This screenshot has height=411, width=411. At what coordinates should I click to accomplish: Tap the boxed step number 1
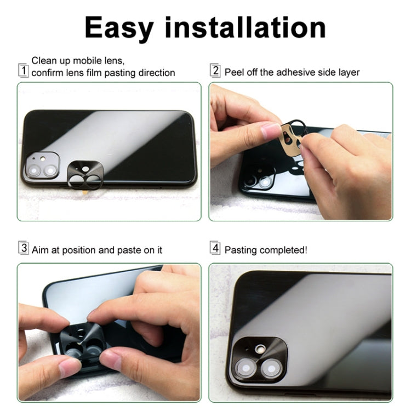23,70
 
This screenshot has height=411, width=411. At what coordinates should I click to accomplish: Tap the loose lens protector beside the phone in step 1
86,175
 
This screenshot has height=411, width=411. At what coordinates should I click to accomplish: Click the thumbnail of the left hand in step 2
271,130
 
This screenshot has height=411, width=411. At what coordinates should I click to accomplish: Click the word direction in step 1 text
155,73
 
